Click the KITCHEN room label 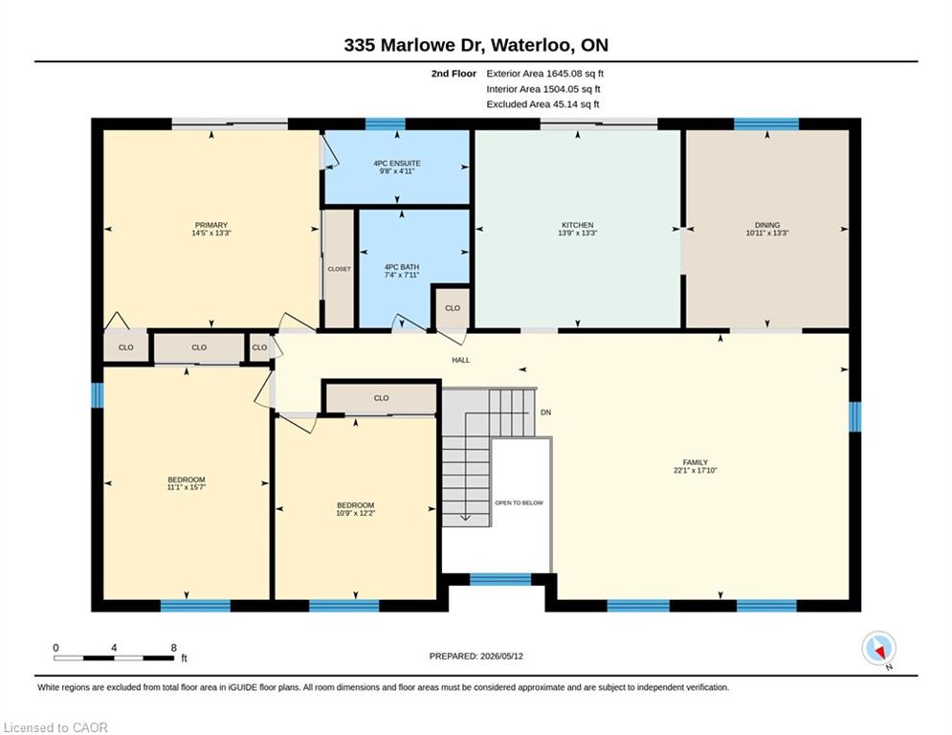click(x=577, y=225)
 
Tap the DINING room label click(x=767, y=225)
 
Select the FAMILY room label click(x=696, y=462)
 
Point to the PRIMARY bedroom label click(x=211, y=225)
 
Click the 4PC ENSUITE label click(x=397, y=164)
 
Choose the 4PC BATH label click(x=402, y=267)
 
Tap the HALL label click(x=461, y=360)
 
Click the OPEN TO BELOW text click(x=520, y=503)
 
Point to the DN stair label click(x=545, y=412)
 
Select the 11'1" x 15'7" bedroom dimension click(x=187, y=487)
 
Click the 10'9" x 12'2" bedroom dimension click(x=356, y=513)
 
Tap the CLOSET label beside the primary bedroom click(x=339, y=269)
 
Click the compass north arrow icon click(x=879, y=650)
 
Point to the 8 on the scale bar click(x=173, y=648)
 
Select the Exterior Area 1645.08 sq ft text click(x=545, y=74)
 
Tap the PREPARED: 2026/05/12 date click(x=476, y=656)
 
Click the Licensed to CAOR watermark click(x=55, y=727)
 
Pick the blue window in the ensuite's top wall click(x=385, y=123)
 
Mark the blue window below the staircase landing click(x=500, y=580)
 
